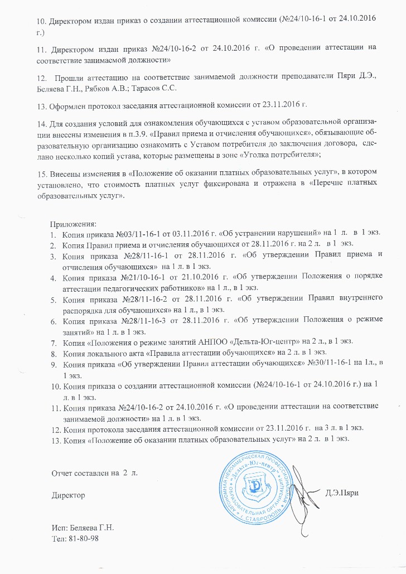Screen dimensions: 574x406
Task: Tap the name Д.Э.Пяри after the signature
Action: tap(341, 476)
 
